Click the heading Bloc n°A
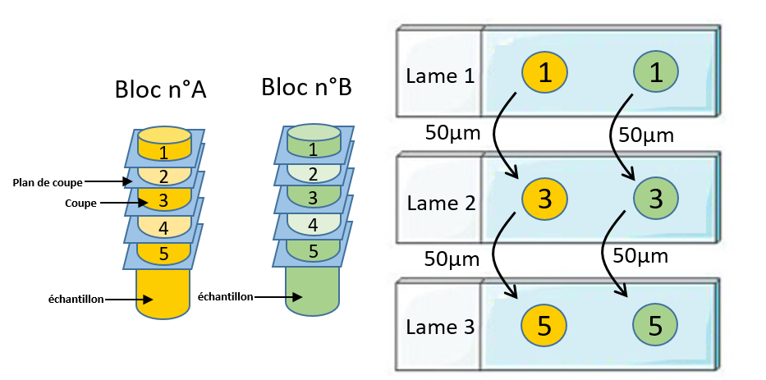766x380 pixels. [x=161, y=90]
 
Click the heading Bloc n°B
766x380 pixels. [x=306, y=87]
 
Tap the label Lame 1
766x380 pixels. [x=440, y=76]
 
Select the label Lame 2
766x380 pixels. [x=441, y=203]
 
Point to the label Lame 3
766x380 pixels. [x=440, y=327]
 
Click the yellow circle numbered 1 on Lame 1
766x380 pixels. [x=544, y=73]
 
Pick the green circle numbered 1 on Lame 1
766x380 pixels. [x=656, y=73]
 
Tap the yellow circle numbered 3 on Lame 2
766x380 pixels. [x=544, y=199]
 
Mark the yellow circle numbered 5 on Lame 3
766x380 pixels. [x=544, y=325]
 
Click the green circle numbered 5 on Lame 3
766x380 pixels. [x=655, y=325]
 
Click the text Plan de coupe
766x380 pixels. [x=48, y=183]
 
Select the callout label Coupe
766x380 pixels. [x=80, y=204]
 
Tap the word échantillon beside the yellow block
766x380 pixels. [x=76, y=300]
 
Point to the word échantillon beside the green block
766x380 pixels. [x=225, y=296]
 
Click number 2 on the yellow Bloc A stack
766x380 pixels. [x=163, y=176]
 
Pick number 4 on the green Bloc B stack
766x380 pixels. [x=313, y=225]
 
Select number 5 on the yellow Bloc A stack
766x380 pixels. [x=164, y=254]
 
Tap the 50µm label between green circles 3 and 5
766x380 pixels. [x=640, y=255]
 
